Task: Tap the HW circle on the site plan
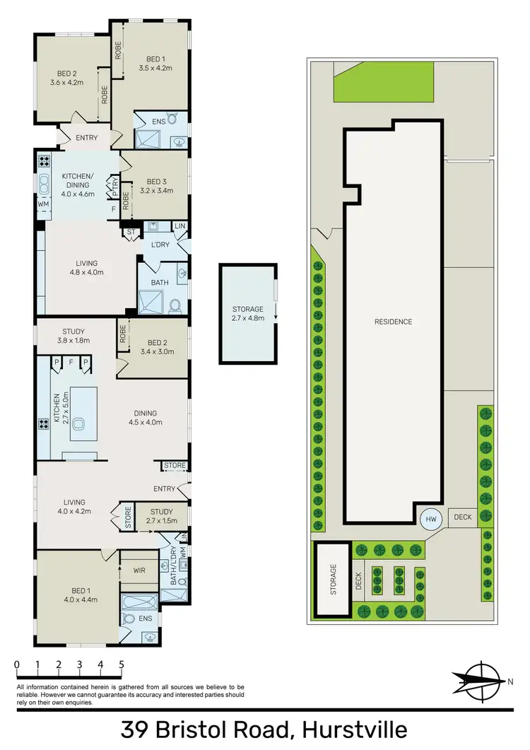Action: (430, 520)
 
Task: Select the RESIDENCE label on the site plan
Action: (393, 322)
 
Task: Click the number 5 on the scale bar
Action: (122, 664)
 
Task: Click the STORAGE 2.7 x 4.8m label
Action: (248, 313)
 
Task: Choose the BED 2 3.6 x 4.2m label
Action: (66, 76)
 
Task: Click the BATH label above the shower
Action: (160, 281)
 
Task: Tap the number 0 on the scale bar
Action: (16, 664)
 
